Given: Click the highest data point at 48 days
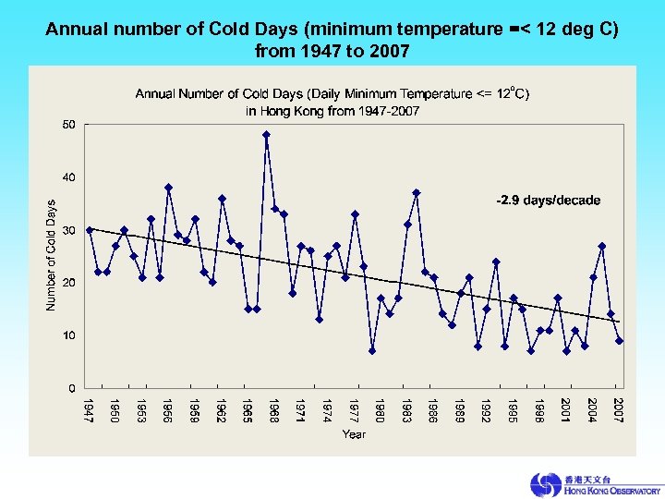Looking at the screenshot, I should (266, 134).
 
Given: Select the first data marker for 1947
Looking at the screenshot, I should (89, 230).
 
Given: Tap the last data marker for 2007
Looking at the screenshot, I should (620, 341).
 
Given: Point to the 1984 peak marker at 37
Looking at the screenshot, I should (417, 192).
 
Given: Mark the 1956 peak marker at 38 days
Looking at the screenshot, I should (168, 188).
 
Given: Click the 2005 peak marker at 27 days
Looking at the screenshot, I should (602, 246).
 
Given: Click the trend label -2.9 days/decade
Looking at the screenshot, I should (548, 201).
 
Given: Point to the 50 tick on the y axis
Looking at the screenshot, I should (69, 125).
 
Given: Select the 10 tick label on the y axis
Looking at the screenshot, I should (69, 335).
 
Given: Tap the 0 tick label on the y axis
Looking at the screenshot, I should (72, 388).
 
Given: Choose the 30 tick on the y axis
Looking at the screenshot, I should (69, 230).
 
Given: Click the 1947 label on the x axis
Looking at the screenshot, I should (89, 410).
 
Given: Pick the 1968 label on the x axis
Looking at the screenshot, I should (275, 410).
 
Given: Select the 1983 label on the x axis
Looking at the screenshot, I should (407, 410).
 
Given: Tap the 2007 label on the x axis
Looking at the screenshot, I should (620, 410).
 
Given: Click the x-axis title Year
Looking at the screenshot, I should (354, 434).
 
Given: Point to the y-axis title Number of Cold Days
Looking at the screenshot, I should (51, 255).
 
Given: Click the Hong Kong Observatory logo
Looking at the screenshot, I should (595, 485).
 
